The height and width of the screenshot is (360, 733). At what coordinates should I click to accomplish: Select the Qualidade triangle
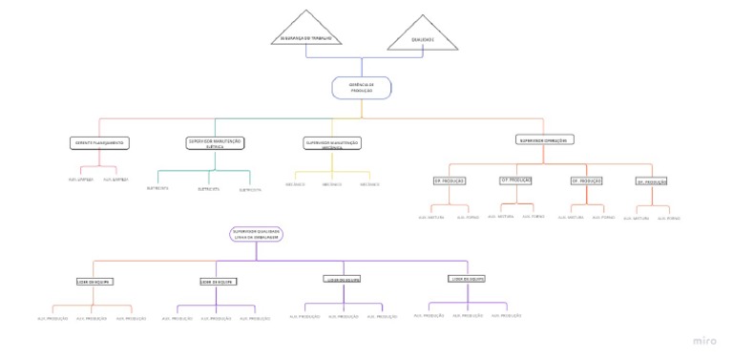(422, 35)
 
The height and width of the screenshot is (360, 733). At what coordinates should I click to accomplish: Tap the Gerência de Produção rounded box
(362, 88)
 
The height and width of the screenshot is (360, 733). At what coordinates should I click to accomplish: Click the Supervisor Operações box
(544, 139)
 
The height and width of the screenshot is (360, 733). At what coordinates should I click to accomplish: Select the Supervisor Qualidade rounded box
(255, 234)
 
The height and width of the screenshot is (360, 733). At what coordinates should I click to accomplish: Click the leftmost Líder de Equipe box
(94, 282)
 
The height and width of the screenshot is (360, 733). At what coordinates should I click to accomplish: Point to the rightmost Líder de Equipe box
(468, 279)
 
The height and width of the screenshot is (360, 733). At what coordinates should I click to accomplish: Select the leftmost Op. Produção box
(449, 180)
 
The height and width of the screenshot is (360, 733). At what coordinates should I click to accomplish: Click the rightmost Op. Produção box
(652, 181)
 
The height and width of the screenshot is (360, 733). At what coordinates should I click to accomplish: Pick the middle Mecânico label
(332, 183)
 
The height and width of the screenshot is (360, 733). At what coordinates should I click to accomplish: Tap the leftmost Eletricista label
(157, 188)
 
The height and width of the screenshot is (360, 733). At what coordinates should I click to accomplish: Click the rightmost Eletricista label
(250, 189)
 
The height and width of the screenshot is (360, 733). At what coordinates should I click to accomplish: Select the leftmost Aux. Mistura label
(431, 217)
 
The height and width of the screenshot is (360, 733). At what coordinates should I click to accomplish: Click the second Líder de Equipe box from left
(217, 282)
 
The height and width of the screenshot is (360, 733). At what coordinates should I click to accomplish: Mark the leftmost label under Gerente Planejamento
(80, 179)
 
